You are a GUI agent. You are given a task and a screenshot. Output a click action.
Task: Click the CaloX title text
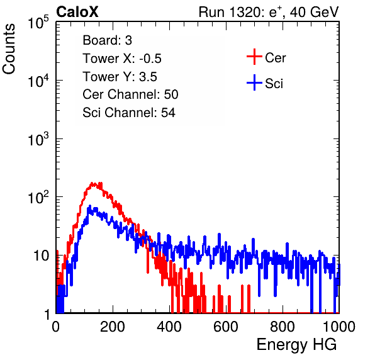(77, 12)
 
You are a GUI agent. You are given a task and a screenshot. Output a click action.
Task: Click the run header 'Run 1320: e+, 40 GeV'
(269, 12)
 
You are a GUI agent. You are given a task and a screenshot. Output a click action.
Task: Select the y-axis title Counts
(9, 49)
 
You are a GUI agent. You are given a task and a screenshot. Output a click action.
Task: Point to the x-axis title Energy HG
(296, 345)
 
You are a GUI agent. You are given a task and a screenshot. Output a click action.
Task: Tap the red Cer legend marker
(254, 57)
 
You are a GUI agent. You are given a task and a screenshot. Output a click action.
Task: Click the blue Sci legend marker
(254, 82)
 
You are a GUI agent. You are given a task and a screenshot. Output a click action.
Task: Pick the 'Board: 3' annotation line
(107, 40)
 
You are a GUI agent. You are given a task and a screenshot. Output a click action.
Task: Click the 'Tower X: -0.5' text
(122, 59)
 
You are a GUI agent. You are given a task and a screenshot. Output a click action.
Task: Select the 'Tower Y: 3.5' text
(120, 77)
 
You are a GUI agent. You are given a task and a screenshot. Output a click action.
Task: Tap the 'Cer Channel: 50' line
(130, 94)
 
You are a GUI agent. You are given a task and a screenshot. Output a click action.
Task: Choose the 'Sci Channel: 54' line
(129, 113)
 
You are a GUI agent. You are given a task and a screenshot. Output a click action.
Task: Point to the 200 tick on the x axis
(113, 327)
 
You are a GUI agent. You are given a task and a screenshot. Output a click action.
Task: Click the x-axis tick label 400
(169, 327)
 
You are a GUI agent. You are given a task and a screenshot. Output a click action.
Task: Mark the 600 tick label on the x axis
(226, 327)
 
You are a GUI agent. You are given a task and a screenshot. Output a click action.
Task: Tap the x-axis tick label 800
(283, 327)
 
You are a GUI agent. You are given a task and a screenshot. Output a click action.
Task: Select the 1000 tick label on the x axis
(339, 327)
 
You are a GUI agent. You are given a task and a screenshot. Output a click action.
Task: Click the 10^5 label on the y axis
(38, 23)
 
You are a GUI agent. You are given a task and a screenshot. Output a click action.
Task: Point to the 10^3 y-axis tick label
(38, 139)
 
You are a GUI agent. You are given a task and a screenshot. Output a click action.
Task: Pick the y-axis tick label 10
(42, 256)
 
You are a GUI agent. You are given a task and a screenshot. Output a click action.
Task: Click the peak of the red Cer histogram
(92, 183)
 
